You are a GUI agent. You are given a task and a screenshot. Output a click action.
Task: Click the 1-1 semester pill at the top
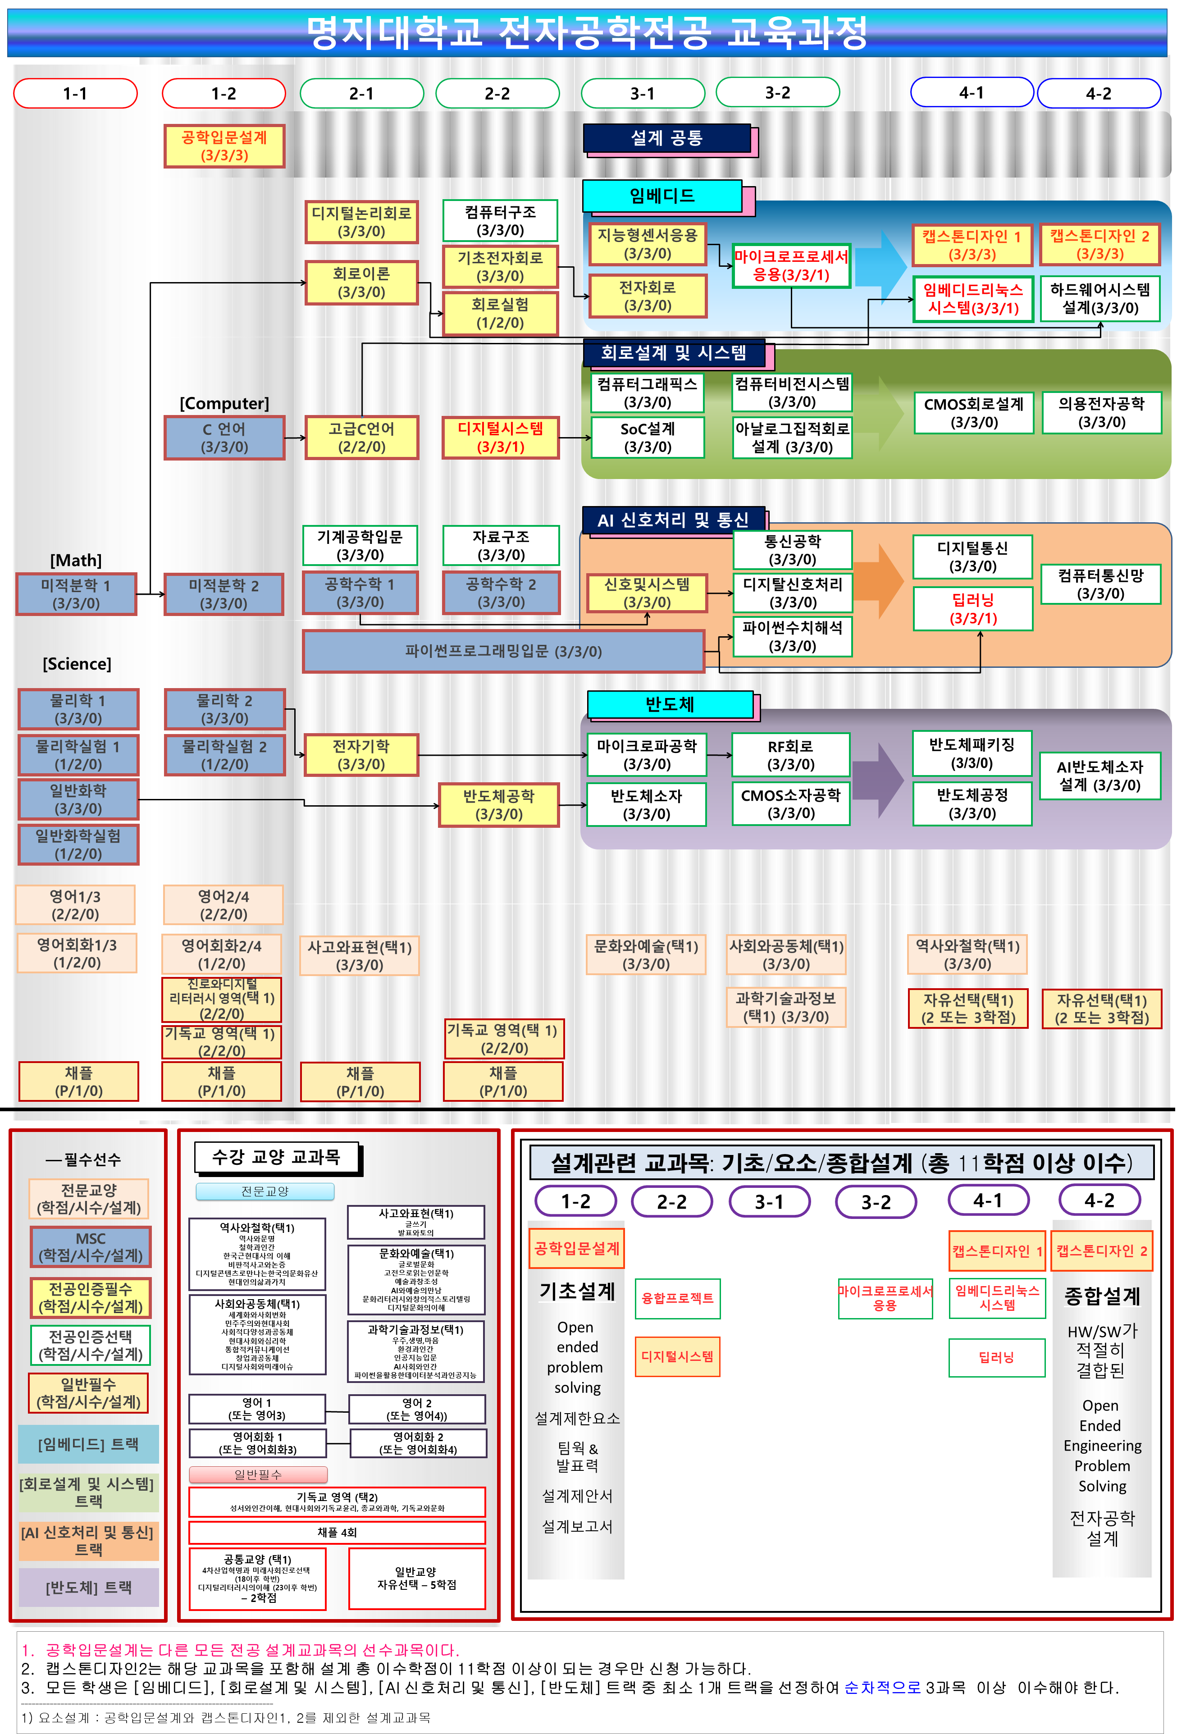(x=75, y=93)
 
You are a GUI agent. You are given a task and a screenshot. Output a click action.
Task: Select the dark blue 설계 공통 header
(x=666, y=138)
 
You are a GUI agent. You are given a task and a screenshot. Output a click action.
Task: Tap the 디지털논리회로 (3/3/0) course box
(x=361, y=222)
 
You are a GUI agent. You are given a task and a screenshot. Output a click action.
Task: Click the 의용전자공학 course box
(x=1101, y=413)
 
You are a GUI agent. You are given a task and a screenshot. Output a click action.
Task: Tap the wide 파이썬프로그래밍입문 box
(x=503, y=651)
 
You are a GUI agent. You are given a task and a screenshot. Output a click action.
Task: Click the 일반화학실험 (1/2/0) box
(x=78, y=844)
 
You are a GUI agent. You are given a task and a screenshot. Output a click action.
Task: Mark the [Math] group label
(x=76, y=560)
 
